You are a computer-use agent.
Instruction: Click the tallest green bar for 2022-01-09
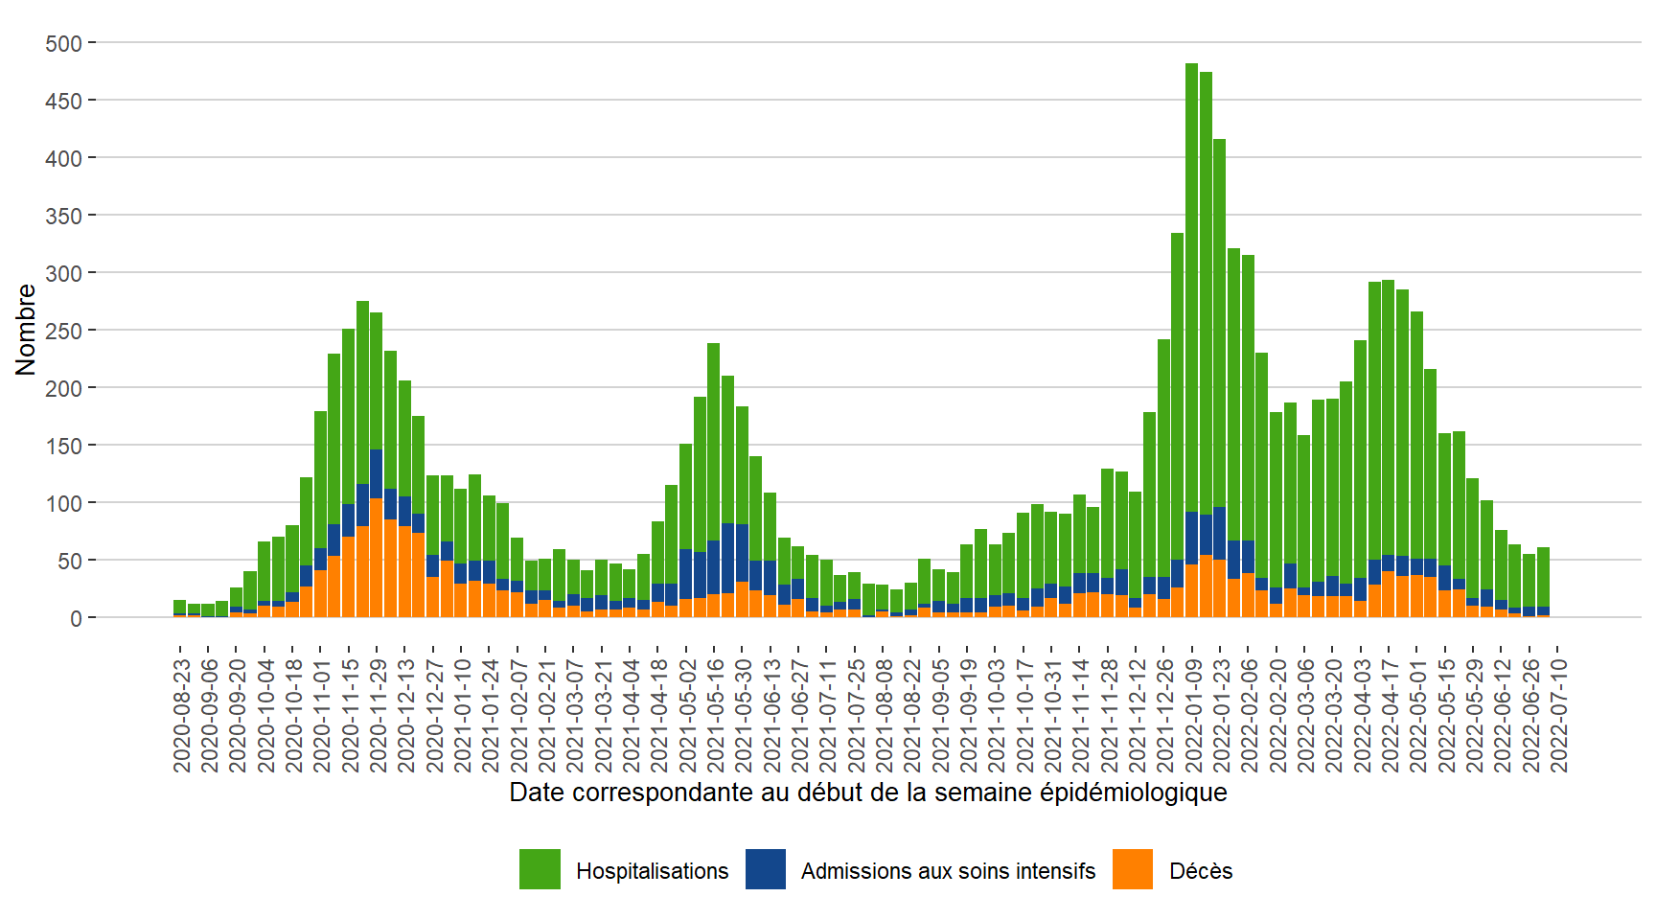[x=1191, y=287]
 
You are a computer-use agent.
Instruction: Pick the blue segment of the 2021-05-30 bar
[x=742, y=553]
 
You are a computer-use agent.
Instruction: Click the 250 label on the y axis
[x=64, y=331]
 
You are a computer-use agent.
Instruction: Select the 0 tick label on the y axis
[x=76, y=618]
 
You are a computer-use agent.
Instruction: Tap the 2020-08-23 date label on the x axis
[x=182, y=715]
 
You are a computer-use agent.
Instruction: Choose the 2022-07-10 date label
[x=1559, y=715]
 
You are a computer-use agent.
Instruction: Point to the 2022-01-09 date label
[x=1194, y=715]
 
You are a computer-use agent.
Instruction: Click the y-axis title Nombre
[x=26, y=330]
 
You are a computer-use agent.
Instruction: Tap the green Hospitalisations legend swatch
[x=540, y=869]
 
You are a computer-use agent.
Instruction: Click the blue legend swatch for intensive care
[x=766, y=869]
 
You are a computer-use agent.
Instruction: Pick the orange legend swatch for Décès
[x=1133, y=869]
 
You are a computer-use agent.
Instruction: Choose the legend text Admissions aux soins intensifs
[x=948, y=871]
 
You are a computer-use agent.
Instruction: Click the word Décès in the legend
[x=1201, y=871]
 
